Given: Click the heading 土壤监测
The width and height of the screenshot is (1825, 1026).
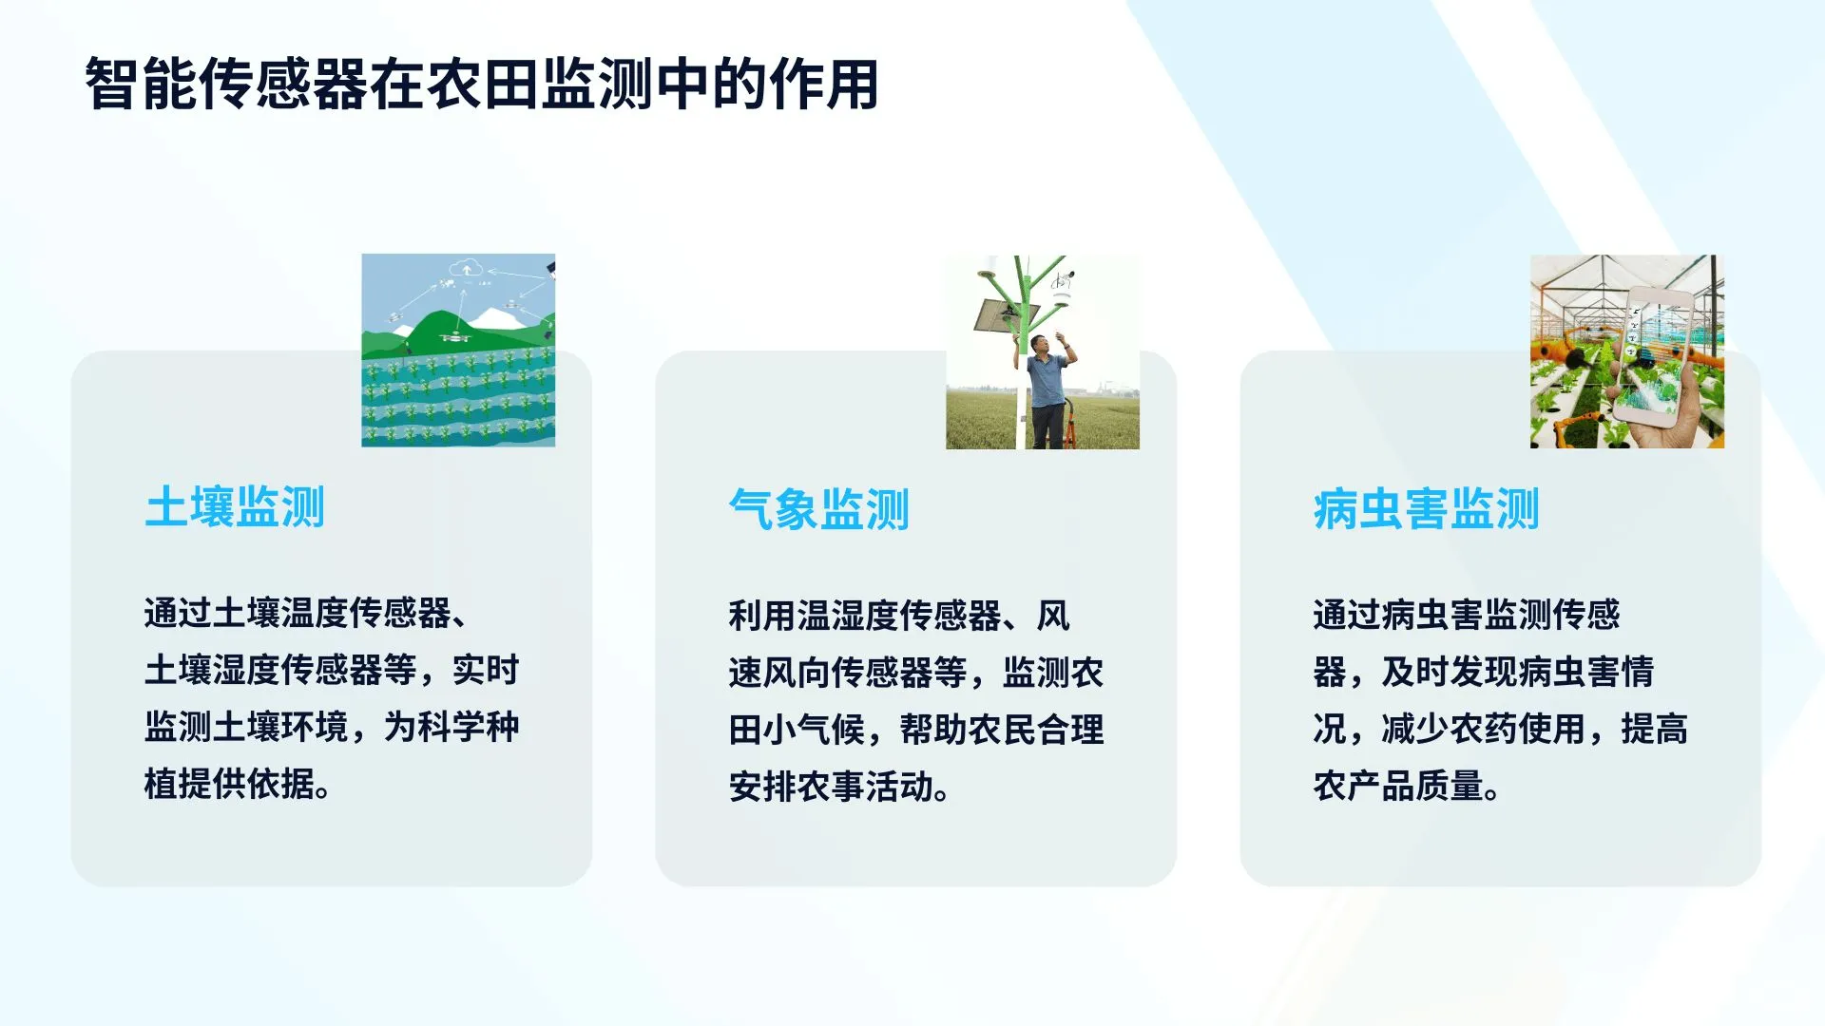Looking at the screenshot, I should coord(235,506).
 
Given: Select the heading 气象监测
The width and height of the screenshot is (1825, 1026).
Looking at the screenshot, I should coord(818,509).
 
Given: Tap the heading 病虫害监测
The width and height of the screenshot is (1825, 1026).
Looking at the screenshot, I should coord(1425,509).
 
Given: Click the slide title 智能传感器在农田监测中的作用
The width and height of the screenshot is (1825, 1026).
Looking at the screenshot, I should coord(482,85).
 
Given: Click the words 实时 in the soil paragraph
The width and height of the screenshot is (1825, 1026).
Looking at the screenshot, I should coord(486,670).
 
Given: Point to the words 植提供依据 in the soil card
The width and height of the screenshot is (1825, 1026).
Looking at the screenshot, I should coord(229,785).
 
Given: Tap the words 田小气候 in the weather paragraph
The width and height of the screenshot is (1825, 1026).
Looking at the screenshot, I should coord(797,730).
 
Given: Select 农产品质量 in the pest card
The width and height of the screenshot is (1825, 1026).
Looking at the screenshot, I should coord(1397,786).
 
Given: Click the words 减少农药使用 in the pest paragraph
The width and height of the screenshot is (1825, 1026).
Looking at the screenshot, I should coord(1484,729).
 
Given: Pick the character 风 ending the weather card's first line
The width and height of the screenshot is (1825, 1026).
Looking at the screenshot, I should coord(1053,616).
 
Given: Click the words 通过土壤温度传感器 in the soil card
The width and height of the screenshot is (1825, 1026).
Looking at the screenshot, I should coord(298,613).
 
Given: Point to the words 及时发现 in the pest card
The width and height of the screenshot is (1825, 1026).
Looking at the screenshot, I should coord(1449,672).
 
